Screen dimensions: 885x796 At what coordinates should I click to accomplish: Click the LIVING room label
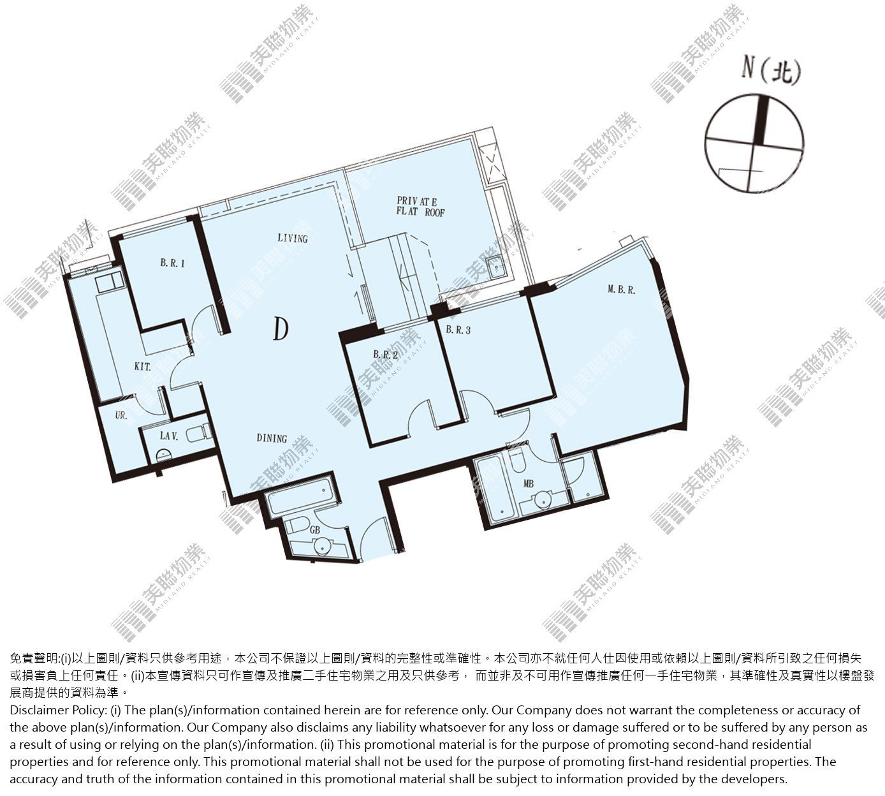pos(293,239)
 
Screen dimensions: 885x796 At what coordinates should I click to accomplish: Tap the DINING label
pos(272,438)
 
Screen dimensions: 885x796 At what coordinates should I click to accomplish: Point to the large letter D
pos(281,329)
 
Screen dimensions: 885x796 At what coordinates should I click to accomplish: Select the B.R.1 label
pos(173,263)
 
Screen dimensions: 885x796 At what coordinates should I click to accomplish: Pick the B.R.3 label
pos(458,330)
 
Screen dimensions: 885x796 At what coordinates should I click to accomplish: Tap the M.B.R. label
pos(621,290)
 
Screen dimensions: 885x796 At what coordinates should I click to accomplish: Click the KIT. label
pos(142,367)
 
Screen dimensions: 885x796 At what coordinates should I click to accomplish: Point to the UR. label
pos(121,415)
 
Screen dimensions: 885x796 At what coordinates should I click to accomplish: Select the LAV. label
pos(168,436)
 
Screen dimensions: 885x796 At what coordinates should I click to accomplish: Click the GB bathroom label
pos(314,530)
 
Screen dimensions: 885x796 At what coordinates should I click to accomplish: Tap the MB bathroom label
pos(528,484)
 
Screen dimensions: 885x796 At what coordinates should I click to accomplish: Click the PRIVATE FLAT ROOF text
pos(420,207)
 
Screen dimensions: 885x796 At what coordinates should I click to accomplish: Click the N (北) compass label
pos(770,71)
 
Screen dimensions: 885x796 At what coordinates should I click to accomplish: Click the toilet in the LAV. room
pos(199,432)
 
